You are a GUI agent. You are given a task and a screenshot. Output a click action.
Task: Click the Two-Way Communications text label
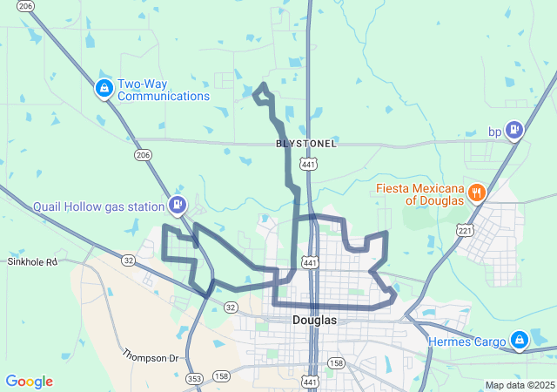164,89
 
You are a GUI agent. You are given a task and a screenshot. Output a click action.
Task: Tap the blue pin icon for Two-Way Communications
104,88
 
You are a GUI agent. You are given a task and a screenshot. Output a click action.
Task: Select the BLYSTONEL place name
305,143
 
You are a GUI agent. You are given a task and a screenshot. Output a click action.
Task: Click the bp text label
494,132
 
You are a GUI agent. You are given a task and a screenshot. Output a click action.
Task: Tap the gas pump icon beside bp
514,130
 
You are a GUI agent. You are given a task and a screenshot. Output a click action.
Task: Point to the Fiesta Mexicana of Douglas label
419,194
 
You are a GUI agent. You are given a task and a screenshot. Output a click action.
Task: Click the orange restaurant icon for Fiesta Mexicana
476,193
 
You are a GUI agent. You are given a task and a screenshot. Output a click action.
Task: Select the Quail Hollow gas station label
98,206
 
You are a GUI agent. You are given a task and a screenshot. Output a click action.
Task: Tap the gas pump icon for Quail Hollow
178,205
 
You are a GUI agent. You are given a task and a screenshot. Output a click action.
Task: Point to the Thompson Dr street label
150,356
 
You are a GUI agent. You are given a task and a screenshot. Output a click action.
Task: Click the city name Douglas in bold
313,321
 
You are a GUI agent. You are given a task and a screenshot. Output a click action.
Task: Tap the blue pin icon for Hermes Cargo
519,340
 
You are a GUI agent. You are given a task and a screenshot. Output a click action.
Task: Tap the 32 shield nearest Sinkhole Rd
129,260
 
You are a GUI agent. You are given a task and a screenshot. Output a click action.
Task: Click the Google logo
29,382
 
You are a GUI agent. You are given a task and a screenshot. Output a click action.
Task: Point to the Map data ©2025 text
519,385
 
